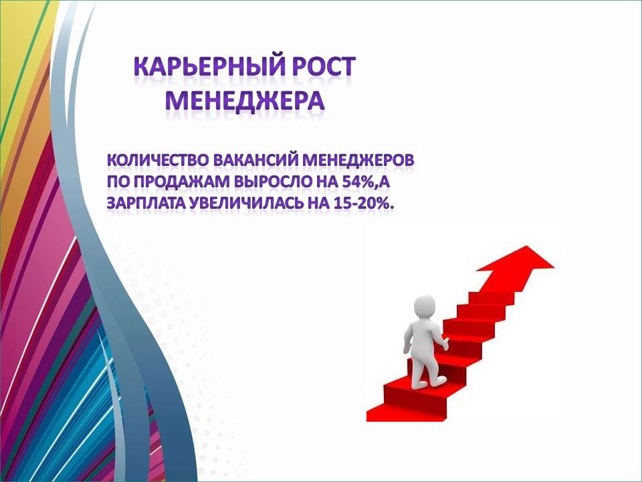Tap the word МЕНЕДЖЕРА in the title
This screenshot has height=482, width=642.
click(x=245, y=100)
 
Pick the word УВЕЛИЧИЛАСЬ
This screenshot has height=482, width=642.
click(x=247, y=204)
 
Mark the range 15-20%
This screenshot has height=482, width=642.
click(x=363, y=204)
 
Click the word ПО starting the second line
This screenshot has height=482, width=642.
click(x=118, y=181)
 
